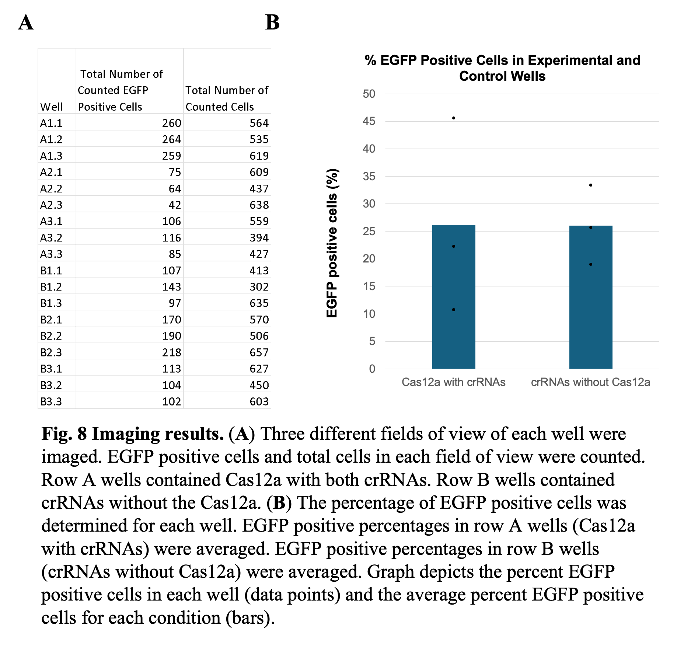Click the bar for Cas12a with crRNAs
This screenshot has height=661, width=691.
(x=453, y=297)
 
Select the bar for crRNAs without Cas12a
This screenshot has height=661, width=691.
(x=590, y=297)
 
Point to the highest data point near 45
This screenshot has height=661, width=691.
(x=454, y=118)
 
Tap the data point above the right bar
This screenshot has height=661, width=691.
(x=591, y=185)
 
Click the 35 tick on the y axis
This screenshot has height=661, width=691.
(x=369, y=176)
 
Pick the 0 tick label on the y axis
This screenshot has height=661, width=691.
(x=372, y=369)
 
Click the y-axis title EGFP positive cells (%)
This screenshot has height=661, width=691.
(x=332, y=243)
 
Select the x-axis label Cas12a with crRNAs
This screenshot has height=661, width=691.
(x=453, y=382)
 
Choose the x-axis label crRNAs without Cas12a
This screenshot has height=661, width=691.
(x=590, y=382)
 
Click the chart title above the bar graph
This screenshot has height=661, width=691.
(x=502, y=68)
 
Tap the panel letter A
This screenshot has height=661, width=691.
(x=26, y=22)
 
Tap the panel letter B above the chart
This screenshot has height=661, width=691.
(x=272, y=22)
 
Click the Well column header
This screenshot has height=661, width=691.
(x=51, y=107)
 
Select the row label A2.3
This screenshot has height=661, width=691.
(x=51, y=205)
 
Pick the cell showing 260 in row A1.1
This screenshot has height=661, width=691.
(x=172, y=123)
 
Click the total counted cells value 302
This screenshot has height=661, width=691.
(x=259, y=287)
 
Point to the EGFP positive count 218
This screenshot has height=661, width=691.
(x=172, y=352)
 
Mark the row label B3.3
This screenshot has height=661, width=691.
(x=51, y=401)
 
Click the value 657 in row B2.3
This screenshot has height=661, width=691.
(x=259, y=352)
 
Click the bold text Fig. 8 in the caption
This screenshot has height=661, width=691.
(x=64, y=434)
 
